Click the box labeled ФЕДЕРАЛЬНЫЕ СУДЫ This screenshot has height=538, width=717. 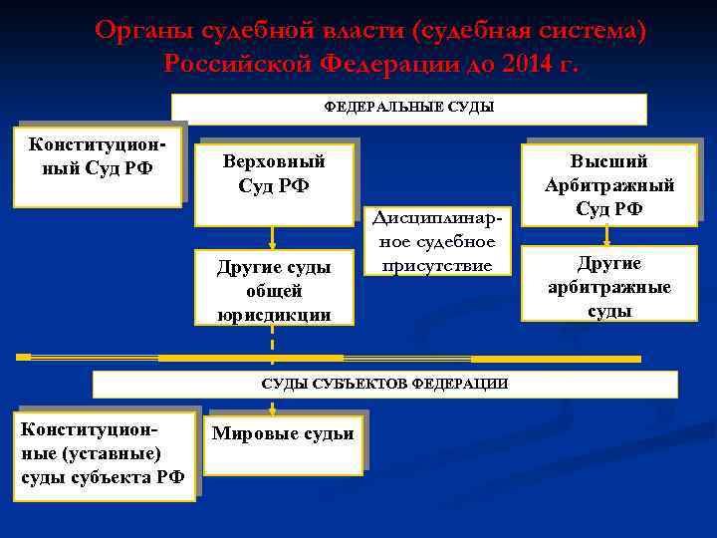point(409,108)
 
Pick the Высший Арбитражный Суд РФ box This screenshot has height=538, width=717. point(608,185)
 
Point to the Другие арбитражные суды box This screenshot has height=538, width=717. point(608,287)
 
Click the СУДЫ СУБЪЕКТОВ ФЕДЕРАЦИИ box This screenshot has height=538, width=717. point(384,384)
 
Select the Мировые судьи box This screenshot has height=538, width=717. point(283,438)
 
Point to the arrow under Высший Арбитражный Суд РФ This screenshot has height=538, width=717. point(607,235)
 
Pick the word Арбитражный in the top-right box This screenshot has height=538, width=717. point(608,185)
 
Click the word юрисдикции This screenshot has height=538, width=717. point(273,313)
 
